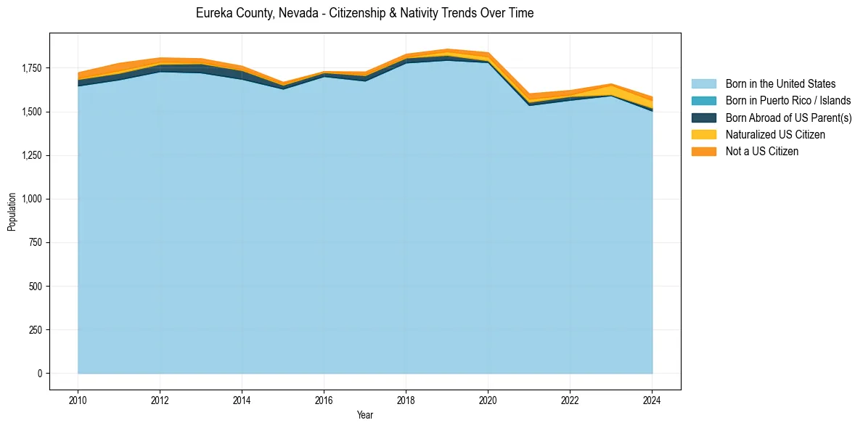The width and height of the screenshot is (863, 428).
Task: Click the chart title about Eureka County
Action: pos(364,14)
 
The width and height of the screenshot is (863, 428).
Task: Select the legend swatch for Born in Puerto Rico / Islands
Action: pos(703,101)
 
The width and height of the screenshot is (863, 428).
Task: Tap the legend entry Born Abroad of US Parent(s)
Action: pos(788,118)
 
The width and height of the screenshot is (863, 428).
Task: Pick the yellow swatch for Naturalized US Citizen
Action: pos(703,134)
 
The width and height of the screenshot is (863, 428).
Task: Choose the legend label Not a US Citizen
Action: pos(761,152)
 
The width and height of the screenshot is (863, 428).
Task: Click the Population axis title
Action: pos(12,212)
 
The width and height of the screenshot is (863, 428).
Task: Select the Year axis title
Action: pos(365,415)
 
